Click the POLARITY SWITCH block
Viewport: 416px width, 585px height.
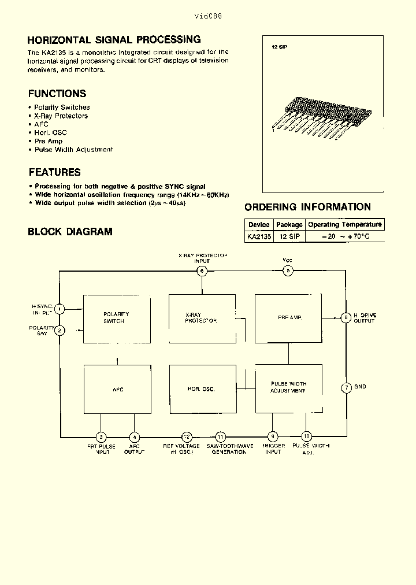[117, 318]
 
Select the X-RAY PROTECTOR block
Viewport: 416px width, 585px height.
[202, 318]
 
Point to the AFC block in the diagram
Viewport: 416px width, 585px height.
[117, 388]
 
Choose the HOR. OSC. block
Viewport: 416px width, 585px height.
[202, 388]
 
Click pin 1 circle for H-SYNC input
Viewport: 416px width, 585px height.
[60, 309]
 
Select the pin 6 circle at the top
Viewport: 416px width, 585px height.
[202, 271]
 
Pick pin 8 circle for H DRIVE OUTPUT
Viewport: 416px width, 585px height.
[346, 317]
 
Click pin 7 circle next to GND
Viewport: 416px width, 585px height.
[346, 388]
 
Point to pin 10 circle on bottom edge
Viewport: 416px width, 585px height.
[306, 436]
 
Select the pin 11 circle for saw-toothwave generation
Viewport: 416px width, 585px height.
[220, 437]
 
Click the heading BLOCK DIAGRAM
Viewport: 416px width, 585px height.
[70, 232]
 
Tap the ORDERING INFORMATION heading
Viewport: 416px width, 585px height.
[307, 207]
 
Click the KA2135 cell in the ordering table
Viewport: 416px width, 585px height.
[258, 236]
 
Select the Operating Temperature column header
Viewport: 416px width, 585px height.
[345, 224]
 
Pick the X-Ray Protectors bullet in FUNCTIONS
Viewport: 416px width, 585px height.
[61, 116]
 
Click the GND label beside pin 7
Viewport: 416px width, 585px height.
[361, 387]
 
